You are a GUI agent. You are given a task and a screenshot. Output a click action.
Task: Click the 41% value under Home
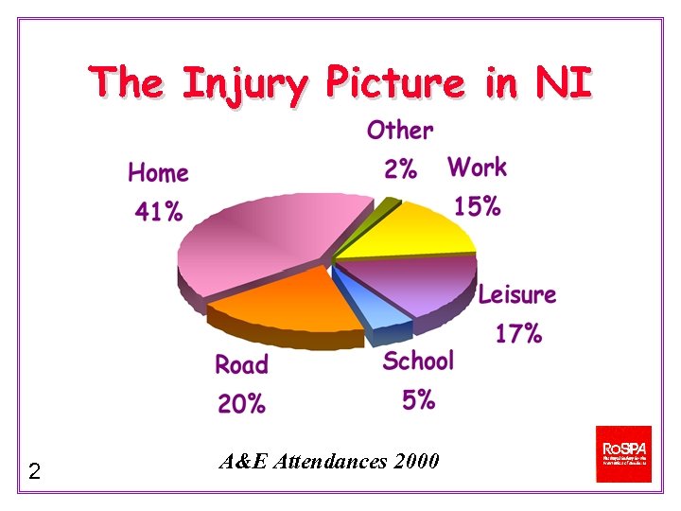[158, 211]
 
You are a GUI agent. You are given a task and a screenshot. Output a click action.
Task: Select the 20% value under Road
[241, 404]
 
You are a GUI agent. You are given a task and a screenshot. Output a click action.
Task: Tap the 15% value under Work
[477, 206]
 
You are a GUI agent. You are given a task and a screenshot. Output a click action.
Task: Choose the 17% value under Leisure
[518, 333]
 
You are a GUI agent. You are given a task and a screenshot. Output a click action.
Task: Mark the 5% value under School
[418, 400]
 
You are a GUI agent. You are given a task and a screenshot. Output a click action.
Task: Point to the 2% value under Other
[400, 169]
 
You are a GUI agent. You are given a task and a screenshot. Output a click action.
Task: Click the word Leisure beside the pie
[516, 294]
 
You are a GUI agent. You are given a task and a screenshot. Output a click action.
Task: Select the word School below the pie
[418, 361]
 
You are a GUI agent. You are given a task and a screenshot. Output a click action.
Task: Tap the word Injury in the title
[244, 83]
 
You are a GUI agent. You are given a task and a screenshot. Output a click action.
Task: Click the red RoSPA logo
[623, 453]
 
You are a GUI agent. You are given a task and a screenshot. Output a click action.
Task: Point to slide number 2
[34, 470]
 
